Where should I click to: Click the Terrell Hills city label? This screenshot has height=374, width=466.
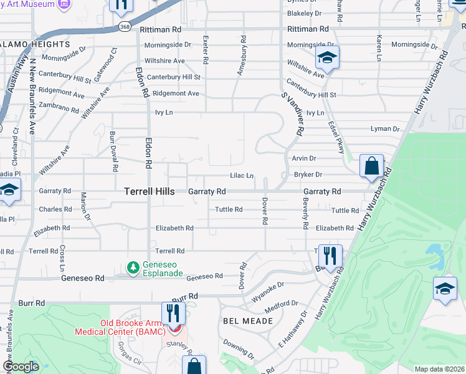154,192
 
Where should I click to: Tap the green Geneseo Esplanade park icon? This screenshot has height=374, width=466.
133,267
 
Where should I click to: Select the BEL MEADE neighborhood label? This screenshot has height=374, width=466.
248,320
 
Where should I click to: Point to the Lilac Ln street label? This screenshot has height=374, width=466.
242,176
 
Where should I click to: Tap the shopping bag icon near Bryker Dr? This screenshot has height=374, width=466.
371,166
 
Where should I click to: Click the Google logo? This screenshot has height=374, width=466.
21,367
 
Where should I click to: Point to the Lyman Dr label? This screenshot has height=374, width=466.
384,129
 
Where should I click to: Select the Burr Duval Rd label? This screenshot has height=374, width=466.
114,151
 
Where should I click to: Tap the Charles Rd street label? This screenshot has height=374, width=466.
51,209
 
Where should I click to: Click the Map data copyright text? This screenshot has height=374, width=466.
440,369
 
